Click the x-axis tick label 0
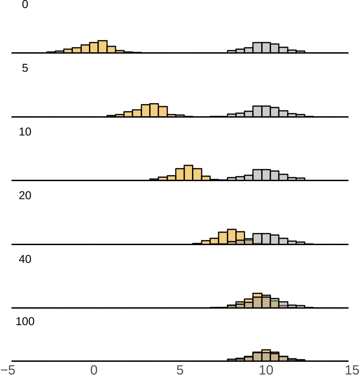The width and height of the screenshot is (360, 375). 94,369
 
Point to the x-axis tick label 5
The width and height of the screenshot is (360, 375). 180,369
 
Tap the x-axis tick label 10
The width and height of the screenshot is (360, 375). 266,369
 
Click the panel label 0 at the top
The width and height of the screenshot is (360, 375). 25,4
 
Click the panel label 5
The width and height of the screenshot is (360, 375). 25,68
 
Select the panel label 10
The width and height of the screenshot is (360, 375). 25,132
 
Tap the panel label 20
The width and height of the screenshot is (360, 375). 25,195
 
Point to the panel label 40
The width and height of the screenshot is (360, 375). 25,259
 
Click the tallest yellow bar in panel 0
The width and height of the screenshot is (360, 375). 103,47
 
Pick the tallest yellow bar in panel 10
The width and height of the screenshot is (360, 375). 188,173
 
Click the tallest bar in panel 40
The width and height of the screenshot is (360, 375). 257,300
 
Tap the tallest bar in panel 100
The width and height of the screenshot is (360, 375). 266,355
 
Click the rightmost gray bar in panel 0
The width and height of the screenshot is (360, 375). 301,52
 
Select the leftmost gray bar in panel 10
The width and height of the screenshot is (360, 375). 231,179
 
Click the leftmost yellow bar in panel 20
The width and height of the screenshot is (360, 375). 197,243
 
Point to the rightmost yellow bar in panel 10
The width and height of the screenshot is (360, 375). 215,179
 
